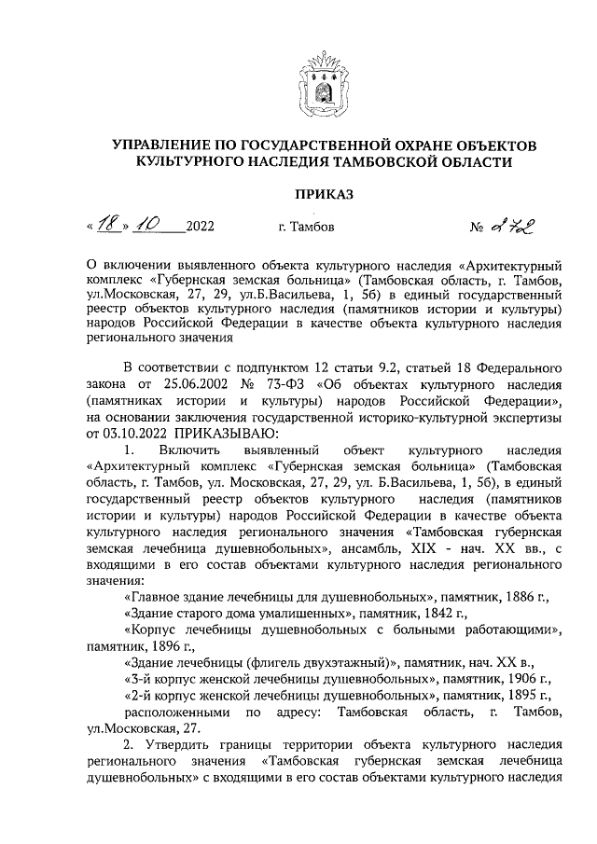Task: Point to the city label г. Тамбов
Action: click(x=300, y=227)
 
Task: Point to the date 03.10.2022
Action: click(x=118, y=432)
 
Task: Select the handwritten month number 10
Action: click(x=151, y=225)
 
